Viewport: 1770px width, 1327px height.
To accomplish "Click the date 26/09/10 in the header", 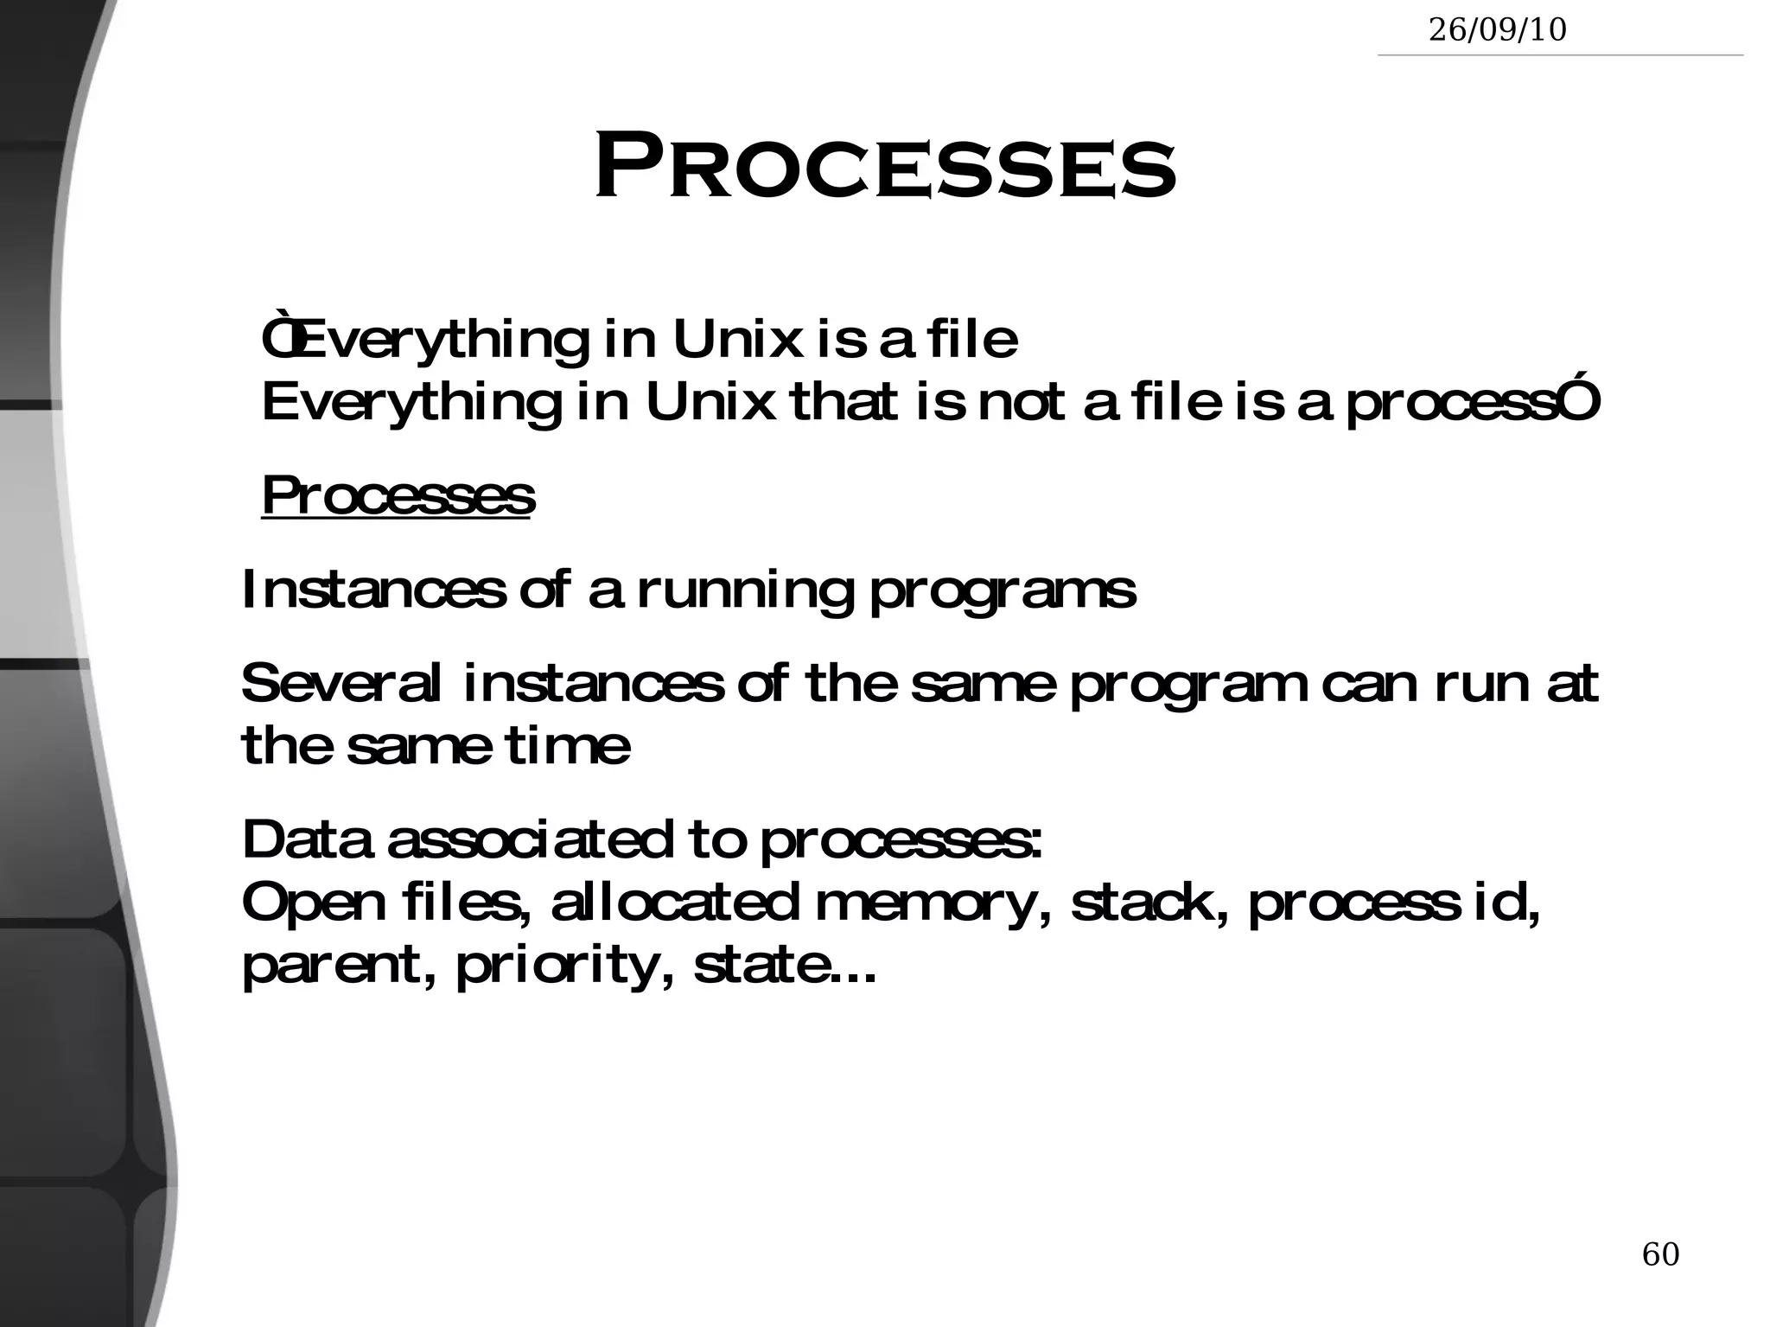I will coord(1497,30).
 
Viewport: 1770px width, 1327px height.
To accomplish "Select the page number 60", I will coord(1660,1278).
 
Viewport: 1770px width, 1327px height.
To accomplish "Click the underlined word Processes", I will coord(398,496).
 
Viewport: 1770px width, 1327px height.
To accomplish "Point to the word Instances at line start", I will coord(372,590).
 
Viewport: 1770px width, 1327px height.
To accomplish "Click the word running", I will coord(745,591).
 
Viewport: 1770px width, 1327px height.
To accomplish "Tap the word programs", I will coord(1002,591).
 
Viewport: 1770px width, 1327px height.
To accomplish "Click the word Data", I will coord(306,839).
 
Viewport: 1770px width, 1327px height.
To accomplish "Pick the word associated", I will coord(529,839).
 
